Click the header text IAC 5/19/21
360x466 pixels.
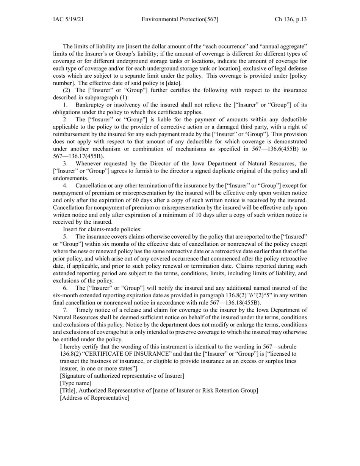pos(68,19)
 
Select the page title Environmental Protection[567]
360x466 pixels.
pos(180,19)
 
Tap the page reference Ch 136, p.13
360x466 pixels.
pos(291,19)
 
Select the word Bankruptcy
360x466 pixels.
pos(90,105)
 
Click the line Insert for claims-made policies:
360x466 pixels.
pos(102,229)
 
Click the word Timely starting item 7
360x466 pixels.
pos(85,310)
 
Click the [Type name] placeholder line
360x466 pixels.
pos(76,383)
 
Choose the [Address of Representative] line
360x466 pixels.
pos(95,398)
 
